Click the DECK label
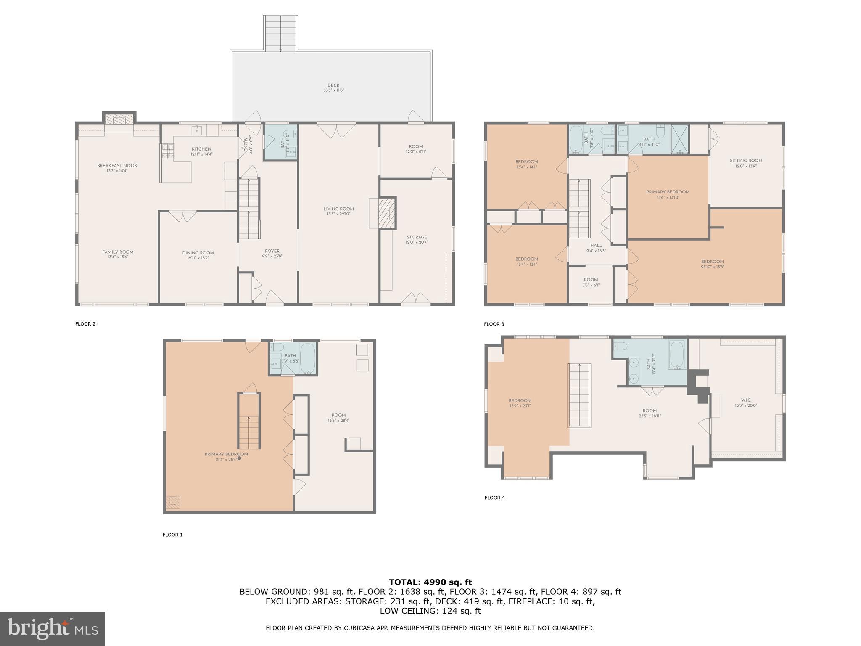(x=333, y=85)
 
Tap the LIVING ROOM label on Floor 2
(x=338, y=209)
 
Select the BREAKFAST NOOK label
(x=117, y=166)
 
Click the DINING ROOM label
(x=198, y=253)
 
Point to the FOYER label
(x=272, y=251)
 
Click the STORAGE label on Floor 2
(x=417, y=237)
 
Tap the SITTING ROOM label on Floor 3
(x=746, y=161)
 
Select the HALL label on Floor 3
(x=596, y=245)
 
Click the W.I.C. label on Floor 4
(x=746, y=400)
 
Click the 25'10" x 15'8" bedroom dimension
(x=712, y=267)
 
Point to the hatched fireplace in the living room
(x=387, y=213)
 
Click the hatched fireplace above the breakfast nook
(x=119, y=120)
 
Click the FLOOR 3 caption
(x=494, y=324)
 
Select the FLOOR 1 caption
(x=172, y=535)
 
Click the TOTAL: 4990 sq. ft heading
(x=430, y=582)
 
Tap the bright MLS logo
(x=53, y=628)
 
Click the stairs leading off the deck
(x=281, y=33)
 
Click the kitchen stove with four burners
(x=169, y=152)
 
